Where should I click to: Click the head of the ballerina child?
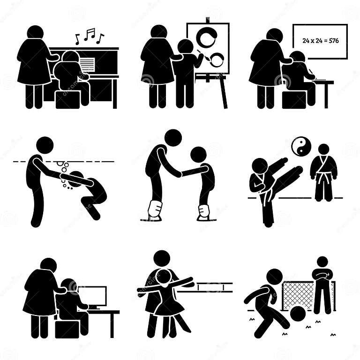pyautogui.click(x=164, y=277)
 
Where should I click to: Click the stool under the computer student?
pyautogui.click(x=67, y=329)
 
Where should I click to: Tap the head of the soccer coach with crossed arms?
pyautogui.click(x=322, y=263)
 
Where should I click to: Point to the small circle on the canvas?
pyautogui.click(x=217, y=60)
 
